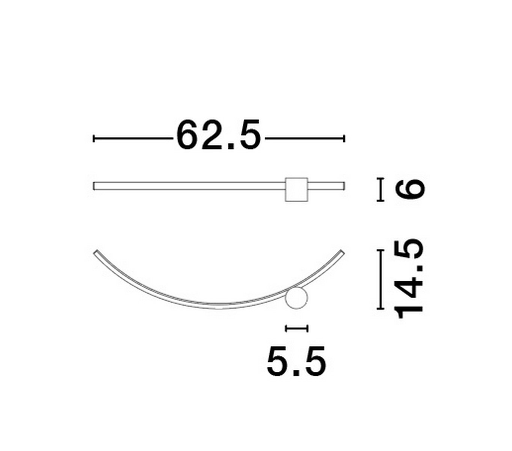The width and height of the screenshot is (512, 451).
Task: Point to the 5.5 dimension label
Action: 296,361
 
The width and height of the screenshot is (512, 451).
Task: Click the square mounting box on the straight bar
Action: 296,189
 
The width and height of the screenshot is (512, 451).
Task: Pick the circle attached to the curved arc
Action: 296,298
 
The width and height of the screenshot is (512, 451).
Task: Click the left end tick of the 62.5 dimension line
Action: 94,139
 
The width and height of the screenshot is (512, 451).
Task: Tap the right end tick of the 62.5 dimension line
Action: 344,139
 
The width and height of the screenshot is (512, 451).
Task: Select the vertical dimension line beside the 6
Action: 380,189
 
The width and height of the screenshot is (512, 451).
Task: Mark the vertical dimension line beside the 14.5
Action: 380,279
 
